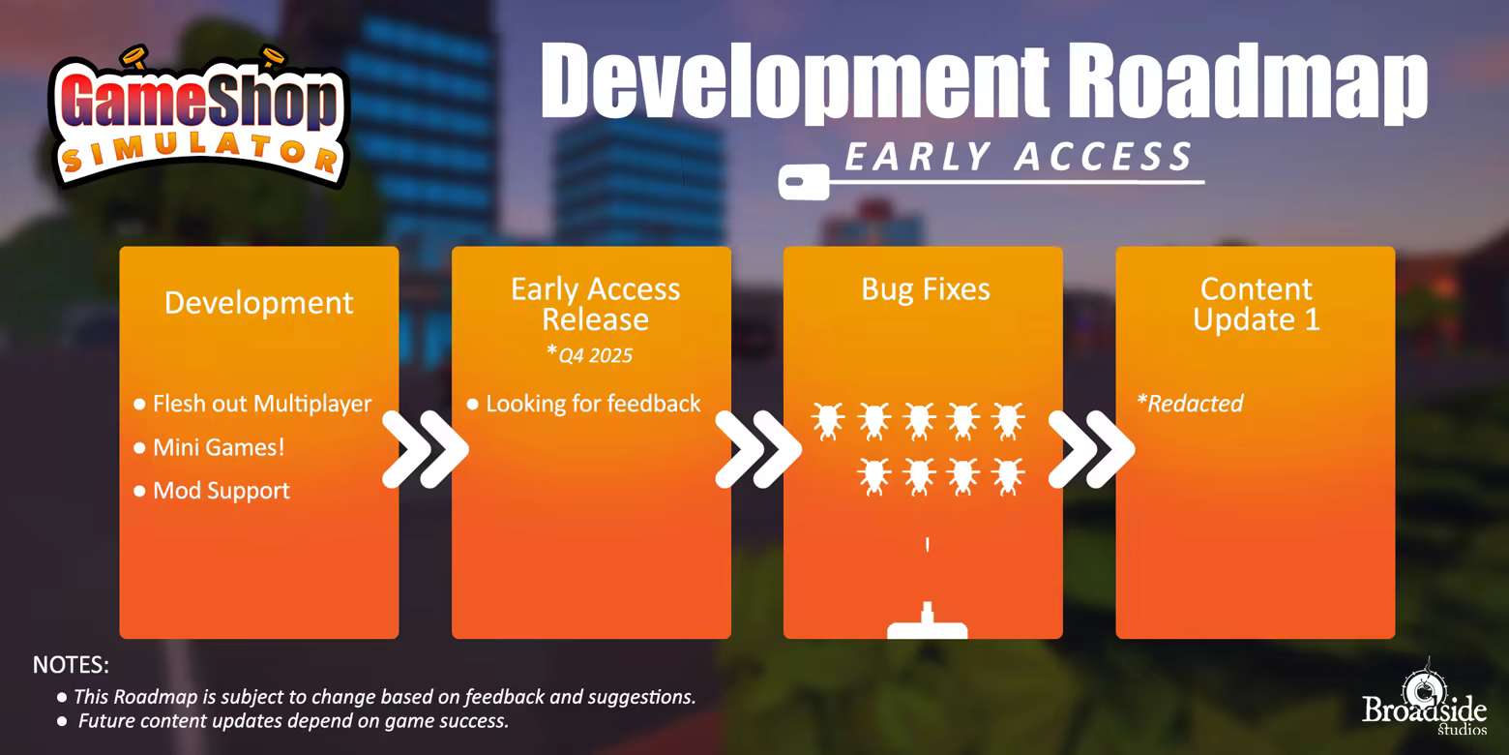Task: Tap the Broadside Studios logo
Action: pyautogui.click(x=1424, y=699)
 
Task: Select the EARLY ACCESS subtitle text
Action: pyautogui.click(x=1019, y=157)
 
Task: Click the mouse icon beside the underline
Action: pyautogui.click(x=804, y=182)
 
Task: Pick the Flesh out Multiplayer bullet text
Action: pyautogui.click(x=262, y=404)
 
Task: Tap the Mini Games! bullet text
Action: pyautogui.click(x=219, y=447)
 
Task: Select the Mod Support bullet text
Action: pyautogui.click(x=221, y=491)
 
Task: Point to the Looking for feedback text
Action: pyautogui.click(x=593, y=404)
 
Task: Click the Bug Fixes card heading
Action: pyautogui.click(x=926, y=290)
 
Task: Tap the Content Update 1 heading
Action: pyautogui.click(x=1256, y=304)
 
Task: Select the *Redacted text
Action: pyautogui.click(x=1190, y=403)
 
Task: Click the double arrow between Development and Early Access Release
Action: pyautogui.click(x=425, y=449)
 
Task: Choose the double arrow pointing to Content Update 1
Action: pyautogui.click(x=1091, y=449)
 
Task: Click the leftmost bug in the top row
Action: pyautogui.click(x=828, y=421)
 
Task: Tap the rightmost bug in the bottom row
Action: pyautogui.click(x=1009, y=476)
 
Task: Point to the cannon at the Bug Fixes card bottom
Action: pyautogui.click(x=928, y=620)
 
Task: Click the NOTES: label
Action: pyautogui.click(x=71, y=665)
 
